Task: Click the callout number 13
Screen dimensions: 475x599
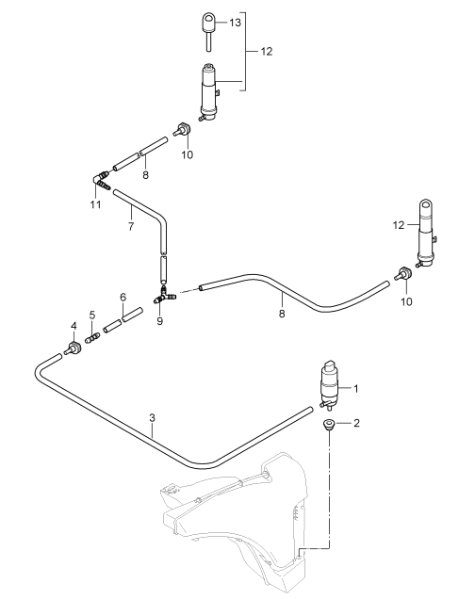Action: point(235,23)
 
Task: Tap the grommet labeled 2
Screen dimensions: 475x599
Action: point(328,424)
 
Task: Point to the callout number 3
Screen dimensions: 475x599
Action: point(152,417)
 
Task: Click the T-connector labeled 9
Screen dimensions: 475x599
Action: point(164,296)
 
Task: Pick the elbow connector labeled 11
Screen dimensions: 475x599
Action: point(101,180)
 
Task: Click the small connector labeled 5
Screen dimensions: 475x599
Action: point(92,338)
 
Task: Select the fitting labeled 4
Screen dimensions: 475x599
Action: point(73,348)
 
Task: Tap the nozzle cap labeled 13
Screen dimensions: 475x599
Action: point(209,31)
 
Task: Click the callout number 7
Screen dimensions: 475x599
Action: point(131,226)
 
